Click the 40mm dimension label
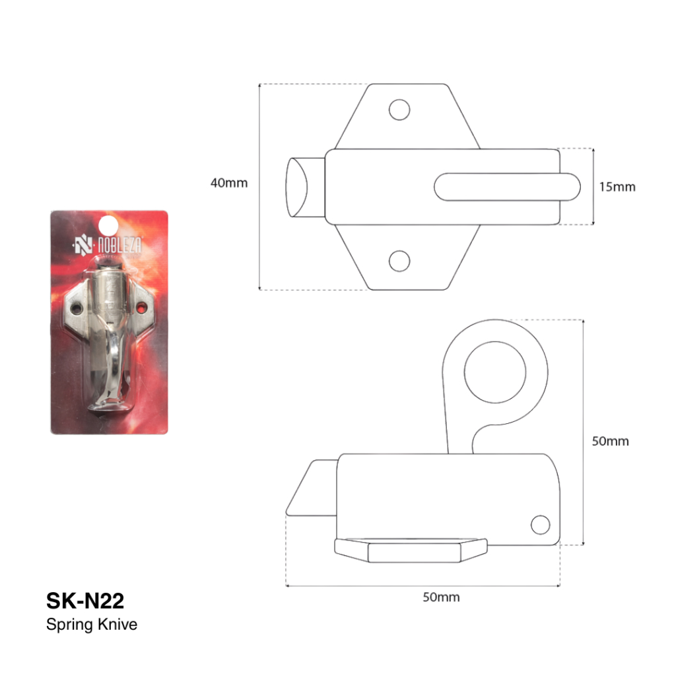pyautogui.click(x=229, y=183)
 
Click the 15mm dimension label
pyautogui.click(x=617, y=187)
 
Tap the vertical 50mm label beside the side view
pyautogui.click(x=610, y=441)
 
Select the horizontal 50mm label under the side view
pyautogui.click(x=441, y=597)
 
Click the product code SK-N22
pyautogui.click(x=85, y=601)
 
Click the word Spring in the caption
pyautogui.click(x=70, y=625)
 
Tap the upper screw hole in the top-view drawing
pyautogui.click(x=399, y=110)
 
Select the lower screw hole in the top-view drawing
pyautogui.click(x=399, y=261)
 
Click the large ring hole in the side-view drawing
pyautogui.click(x=495, y=372)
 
